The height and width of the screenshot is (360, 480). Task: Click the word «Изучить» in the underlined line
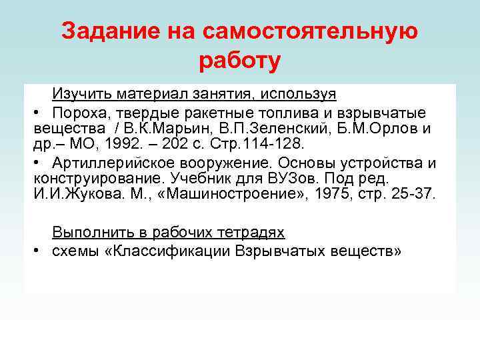click(x=79, y=93)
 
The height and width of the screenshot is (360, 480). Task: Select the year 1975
click(x=334, y=195)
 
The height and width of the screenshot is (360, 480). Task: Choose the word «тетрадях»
click(x=252, y=233)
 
